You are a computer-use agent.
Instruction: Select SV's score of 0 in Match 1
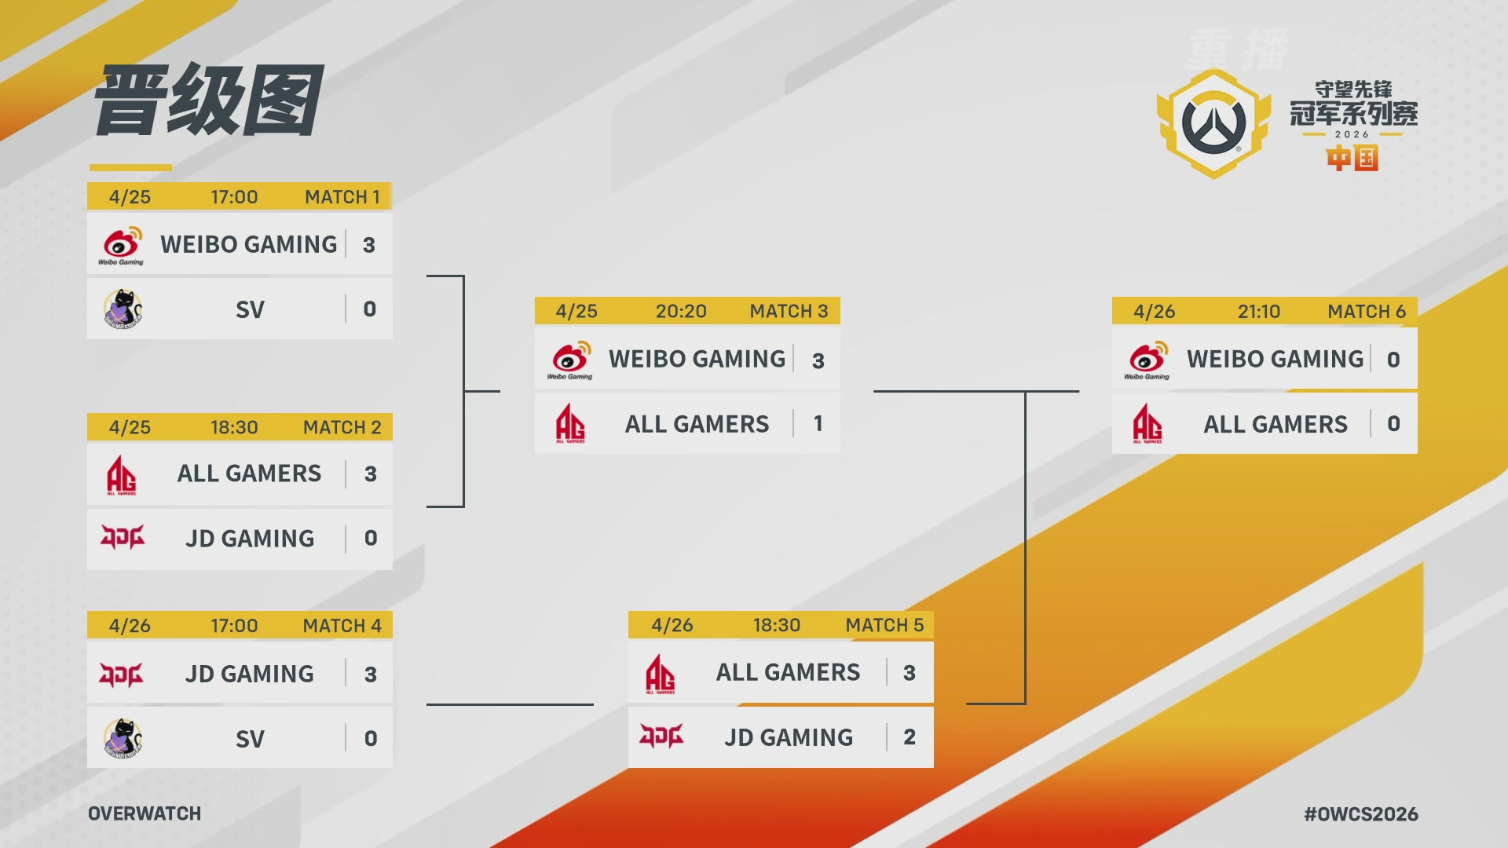[x=369, y=309]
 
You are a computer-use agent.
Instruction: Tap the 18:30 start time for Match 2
[x=234, y=427]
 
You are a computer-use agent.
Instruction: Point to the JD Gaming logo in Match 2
[x=123, y=538]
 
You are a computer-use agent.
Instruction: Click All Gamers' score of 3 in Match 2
[x=371, y=474]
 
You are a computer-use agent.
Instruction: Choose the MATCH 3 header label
[x=789, y=312]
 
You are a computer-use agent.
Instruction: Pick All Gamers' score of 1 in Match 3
[x=818, y=424]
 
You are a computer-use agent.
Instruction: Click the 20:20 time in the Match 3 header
[x=681, y=312]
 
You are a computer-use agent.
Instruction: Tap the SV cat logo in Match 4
[x=123, y=738]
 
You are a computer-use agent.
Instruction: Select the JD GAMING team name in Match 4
[x=250, y=674]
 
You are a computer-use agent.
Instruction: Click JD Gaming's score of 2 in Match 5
[x=910, y=737]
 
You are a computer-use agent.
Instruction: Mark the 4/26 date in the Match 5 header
[x=672, y=625]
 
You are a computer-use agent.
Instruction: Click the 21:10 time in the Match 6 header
[x=1259, y=312]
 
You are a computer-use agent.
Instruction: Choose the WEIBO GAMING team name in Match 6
[x=1276, y=359]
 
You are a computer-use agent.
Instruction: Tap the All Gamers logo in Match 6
[x=1147, y=424]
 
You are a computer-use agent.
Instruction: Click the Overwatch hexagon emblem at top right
[x=1213, y=123]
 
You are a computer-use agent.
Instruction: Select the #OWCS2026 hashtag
[x=1361, y=814]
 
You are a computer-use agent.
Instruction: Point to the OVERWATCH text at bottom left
[x=145, y=813]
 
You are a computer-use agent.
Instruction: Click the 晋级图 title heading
[x=209, y=101]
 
